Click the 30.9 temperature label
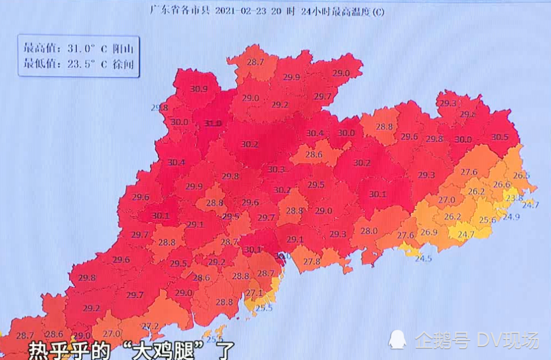tap(198, 89)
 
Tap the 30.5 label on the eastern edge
tap(500, 137)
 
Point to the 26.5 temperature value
tap(521, 175)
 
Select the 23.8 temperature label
tap(514, 198)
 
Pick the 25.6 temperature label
tap(487, 219)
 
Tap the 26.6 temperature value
tap(501, 185)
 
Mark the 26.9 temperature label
tap(429, 232)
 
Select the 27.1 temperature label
tap(254, 293)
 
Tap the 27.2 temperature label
tap(150, 326)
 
